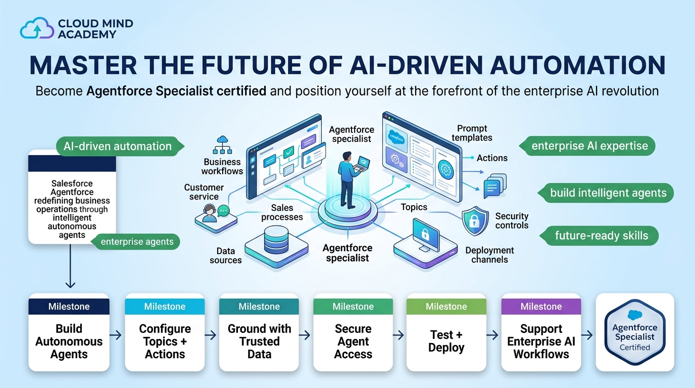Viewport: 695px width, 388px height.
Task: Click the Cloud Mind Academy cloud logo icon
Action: pos(37,28)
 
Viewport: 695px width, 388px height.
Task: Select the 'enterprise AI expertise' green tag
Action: pos(587,146)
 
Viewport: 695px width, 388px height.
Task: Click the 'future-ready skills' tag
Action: pos(599,235)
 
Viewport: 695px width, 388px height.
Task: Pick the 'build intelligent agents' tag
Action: pos(606,193)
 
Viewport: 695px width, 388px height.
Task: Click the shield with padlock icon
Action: pos(475,221)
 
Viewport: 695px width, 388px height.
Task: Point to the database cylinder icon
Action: pos(276,239)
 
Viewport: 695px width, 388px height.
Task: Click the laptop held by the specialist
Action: pos(362,163)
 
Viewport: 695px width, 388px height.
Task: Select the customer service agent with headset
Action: pos(210,213)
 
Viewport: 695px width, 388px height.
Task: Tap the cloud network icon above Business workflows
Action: pos(222,145)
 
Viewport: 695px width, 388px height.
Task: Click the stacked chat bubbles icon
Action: pos(495,185)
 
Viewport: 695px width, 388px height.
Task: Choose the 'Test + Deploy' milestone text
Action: pos(446,341)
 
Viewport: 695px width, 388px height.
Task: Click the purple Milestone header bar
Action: pos(541,306)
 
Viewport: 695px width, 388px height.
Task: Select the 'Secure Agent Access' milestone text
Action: pos(353,341)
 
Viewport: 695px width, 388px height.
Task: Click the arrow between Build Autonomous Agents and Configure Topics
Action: pos(116,335)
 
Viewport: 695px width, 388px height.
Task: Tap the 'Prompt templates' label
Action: pos(472,133)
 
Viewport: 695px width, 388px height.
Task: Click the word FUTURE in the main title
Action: pos(251,65)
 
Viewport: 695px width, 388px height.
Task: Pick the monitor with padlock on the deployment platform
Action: pos(426,235)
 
